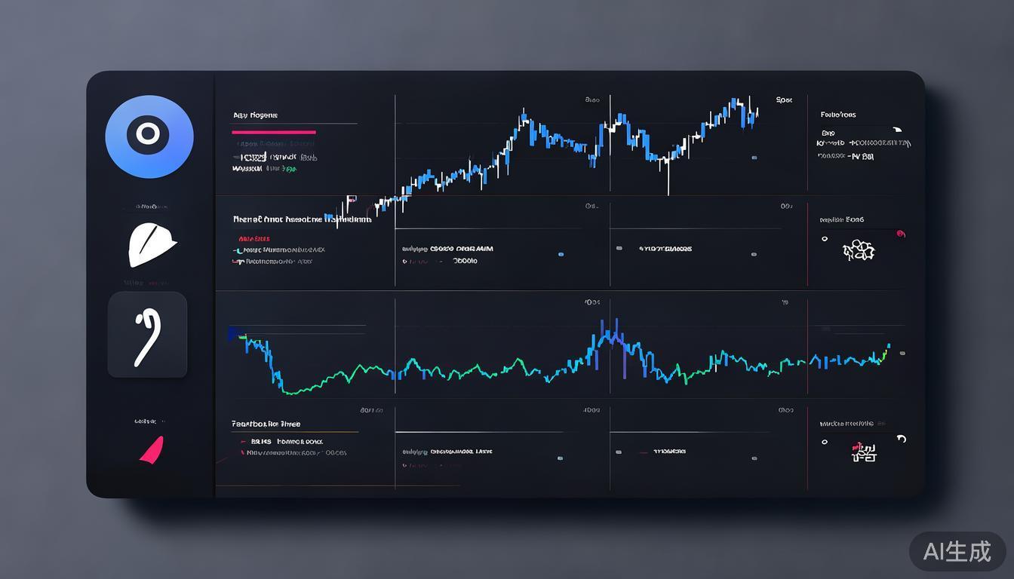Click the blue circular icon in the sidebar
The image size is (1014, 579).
click(149, 136)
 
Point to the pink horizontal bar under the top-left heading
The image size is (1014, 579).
click(274, 132)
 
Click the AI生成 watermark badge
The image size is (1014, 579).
click(957, 551)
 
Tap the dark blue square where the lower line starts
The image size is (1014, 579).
click(233, 332)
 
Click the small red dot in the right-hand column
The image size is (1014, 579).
click(900, 234)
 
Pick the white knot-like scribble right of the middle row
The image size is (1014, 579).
click(859, 250)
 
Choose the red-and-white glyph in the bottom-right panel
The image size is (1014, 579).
click(863, 451)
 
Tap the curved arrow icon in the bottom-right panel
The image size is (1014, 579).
click(900, 439)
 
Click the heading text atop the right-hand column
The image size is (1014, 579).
click(837, 115)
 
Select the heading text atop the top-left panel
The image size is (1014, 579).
click(255, 115)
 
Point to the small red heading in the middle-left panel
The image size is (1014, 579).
click(253, 238)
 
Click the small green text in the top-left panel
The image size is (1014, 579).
click(289, 170)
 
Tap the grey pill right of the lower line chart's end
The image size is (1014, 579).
click(902, 353)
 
